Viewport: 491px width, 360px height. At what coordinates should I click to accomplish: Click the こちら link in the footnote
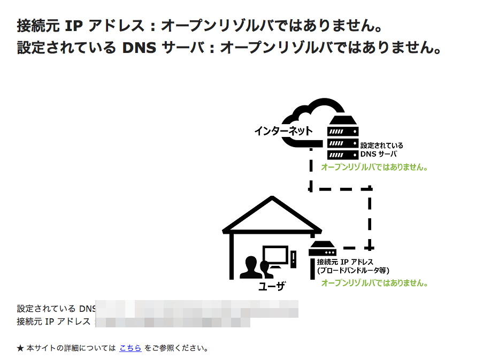pyautogui.click(x=131, y=348)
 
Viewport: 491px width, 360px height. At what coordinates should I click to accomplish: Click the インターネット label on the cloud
pyautogui.click(x=283, y=131)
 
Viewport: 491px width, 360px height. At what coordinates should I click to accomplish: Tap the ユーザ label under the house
pyautogui.click(x=271, y=287)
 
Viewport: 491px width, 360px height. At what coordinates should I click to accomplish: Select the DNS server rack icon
pyautogui.click(x=343, y=137)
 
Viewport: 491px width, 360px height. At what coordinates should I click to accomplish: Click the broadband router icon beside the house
pyautogui.click(x=323, y=249)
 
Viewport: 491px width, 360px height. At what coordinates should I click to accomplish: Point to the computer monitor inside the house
pyautogui.click(x=275, y=257)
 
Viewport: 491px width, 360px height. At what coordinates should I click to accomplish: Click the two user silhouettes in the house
pyautogui.click(x=255, y=267)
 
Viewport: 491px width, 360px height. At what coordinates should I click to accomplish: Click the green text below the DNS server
pyautogui.click(x=374, y=167)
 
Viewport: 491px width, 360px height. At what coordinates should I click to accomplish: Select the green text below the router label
pyautogui.click(x=374, y=283)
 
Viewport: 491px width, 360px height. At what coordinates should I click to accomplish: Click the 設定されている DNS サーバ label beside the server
pyautogui.click(x=381, y=149)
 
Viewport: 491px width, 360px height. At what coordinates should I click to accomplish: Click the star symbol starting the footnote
pyautogui.click(x=20, y=348)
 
